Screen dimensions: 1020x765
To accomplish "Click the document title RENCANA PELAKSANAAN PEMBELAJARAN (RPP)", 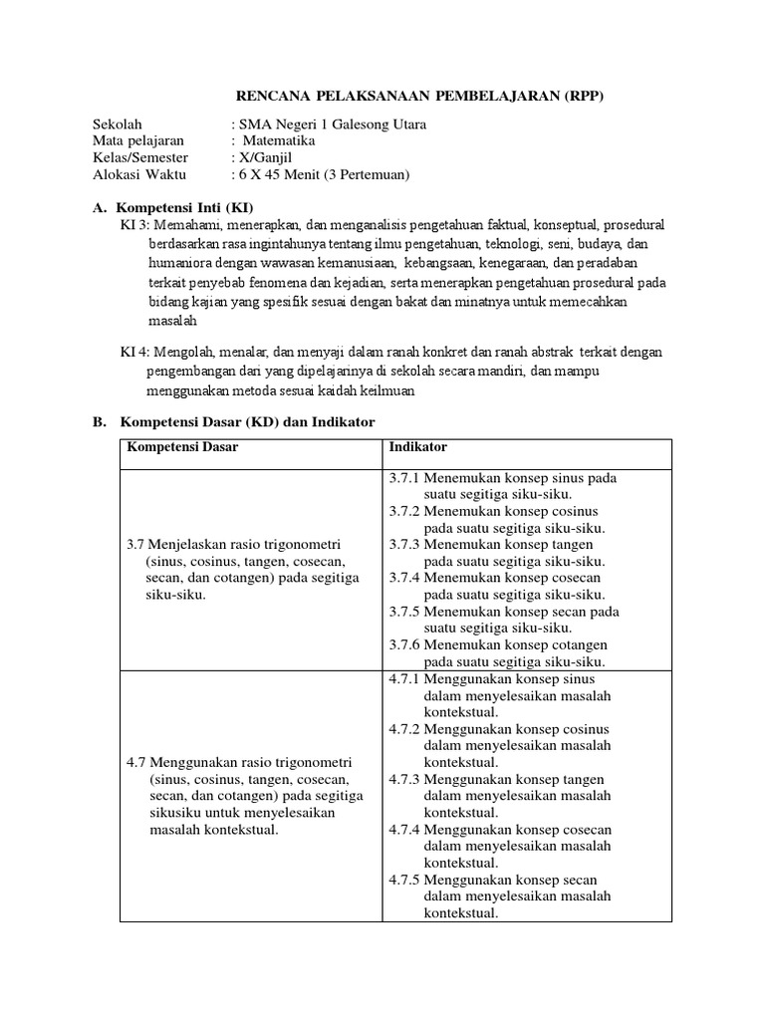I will coord(418,96).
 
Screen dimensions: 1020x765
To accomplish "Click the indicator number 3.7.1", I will coord(404,478).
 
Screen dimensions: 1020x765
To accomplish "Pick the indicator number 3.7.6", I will coord(404,644).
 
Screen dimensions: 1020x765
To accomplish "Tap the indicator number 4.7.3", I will coord(404,779).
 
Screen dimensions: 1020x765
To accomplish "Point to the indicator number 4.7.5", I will coord(404,880).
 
